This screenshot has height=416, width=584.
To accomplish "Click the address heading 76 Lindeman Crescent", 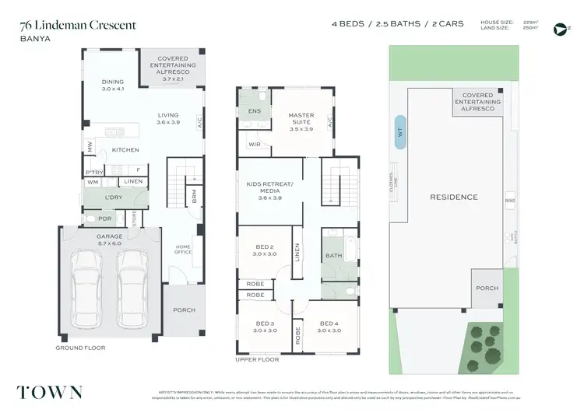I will click(78, 25).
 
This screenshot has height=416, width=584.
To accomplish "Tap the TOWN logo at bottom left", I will click(51, 391).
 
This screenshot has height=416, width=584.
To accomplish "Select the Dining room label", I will click(114, 85).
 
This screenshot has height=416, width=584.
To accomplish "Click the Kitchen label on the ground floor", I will click(125, 149).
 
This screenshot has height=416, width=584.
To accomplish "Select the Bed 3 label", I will click(264, 327).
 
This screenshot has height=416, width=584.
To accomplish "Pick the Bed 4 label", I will click(329, 327).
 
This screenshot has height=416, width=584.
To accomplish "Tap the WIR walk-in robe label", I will click(254, 144).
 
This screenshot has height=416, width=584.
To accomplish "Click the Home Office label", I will click(182, 250).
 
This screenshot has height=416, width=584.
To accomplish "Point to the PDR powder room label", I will click(105, 218).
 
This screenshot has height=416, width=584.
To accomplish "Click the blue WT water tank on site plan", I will click(401, 134).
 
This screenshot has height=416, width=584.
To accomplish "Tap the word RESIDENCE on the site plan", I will click(454, 198).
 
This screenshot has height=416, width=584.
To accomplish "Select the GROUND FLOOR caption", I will click(79, 348).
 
